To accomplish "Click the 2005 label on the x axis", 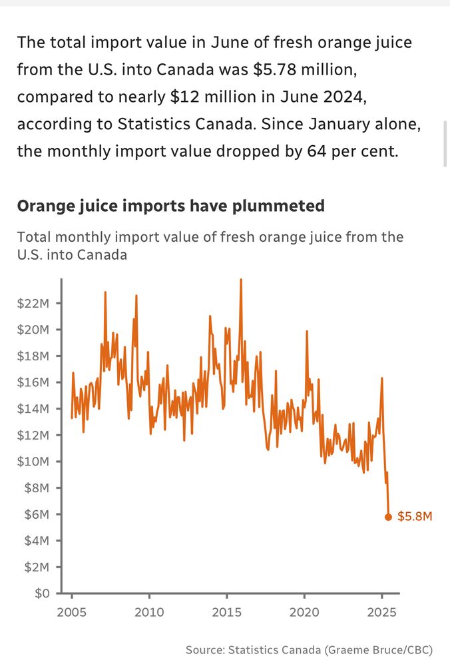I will point(71,611).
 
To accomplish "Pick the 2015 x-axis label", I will point(226,611).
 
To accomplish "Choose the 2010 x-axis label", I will point(148,611).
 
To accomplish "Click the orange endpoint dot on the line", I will point(389,517).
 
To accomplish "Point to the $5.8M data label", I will point(415,516).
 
